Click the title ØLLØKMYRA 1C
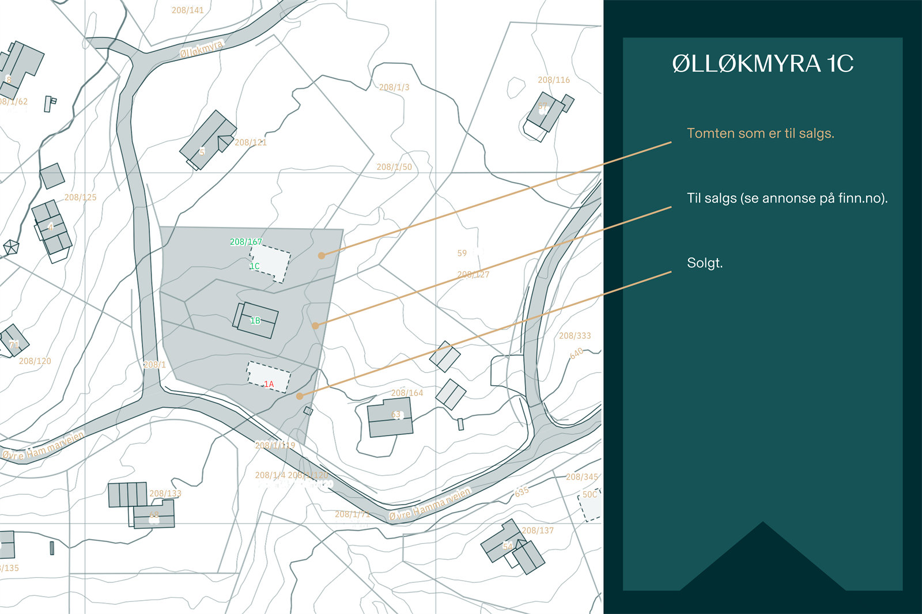[762, 64]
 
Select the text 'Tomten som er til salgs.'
[760, 134]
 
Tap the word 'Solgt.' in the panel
[704, 263]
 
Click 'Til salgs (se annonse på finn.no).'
[787, 198]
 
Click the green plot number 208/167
[245, 242]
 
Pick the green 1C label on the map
[254, 266]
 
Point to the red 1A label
[269, 384]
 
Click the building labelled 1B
[256, 320]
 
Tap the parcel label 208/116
[553, 80]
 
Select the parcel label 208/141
[187, 10]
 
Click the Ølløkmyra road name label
[201, 49]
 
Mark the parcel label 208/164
[407, 393]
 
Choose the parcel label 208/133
[165, 494]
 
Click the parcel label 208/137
[537, 530]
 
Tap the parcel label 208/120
[35, 361]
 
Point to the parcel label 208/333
[575, 336]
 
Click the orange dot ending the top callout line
[322, 255]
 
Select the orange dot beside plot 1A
[300, 396]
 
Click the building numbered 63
[391, 418]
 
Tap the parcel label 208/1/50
[394, 167]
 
